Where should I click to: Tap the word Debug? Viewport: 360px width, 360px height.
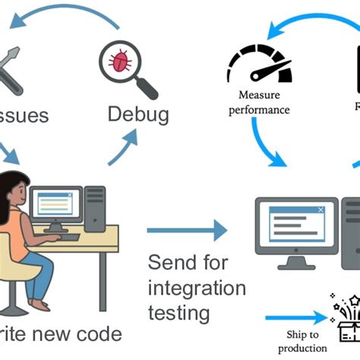pyautogui.click(x=137, y=114)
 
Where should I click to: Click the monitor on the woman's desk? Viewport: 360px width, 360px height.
pyautogui.click(x=55, y=204)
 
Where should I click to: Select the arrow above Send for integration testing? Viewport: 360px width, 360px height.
pyautogui.click(x=186, y=230)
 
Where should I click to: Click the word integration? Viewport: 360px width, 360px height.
pyautogui.click(x=197, y=289)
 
